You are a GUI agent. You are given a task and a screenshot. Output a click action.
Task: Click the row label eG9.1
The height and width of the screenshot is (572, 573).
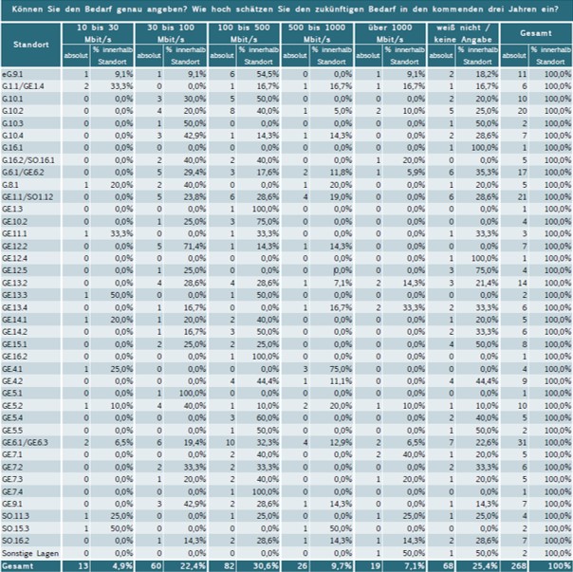[x=12, y=73]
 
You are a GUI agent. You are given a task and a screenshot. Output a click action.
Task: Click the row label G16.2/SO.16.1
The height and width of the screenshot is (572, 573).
[x=28, y=160]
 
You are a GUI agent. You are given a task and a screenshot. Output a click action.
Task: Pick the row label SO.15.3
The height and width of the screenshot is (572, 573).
[x=18, y=527]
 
